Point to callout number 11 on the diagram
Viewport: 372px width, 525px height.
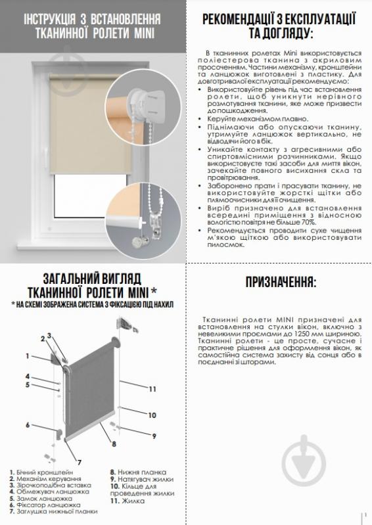point(152,390)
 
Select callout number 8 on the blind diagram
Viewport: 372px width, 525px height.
point(114,445)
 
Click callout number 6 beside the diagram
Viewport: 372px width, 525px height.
point(28,424)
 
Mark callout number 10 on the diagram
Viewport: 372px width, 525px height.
point(151,415)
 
